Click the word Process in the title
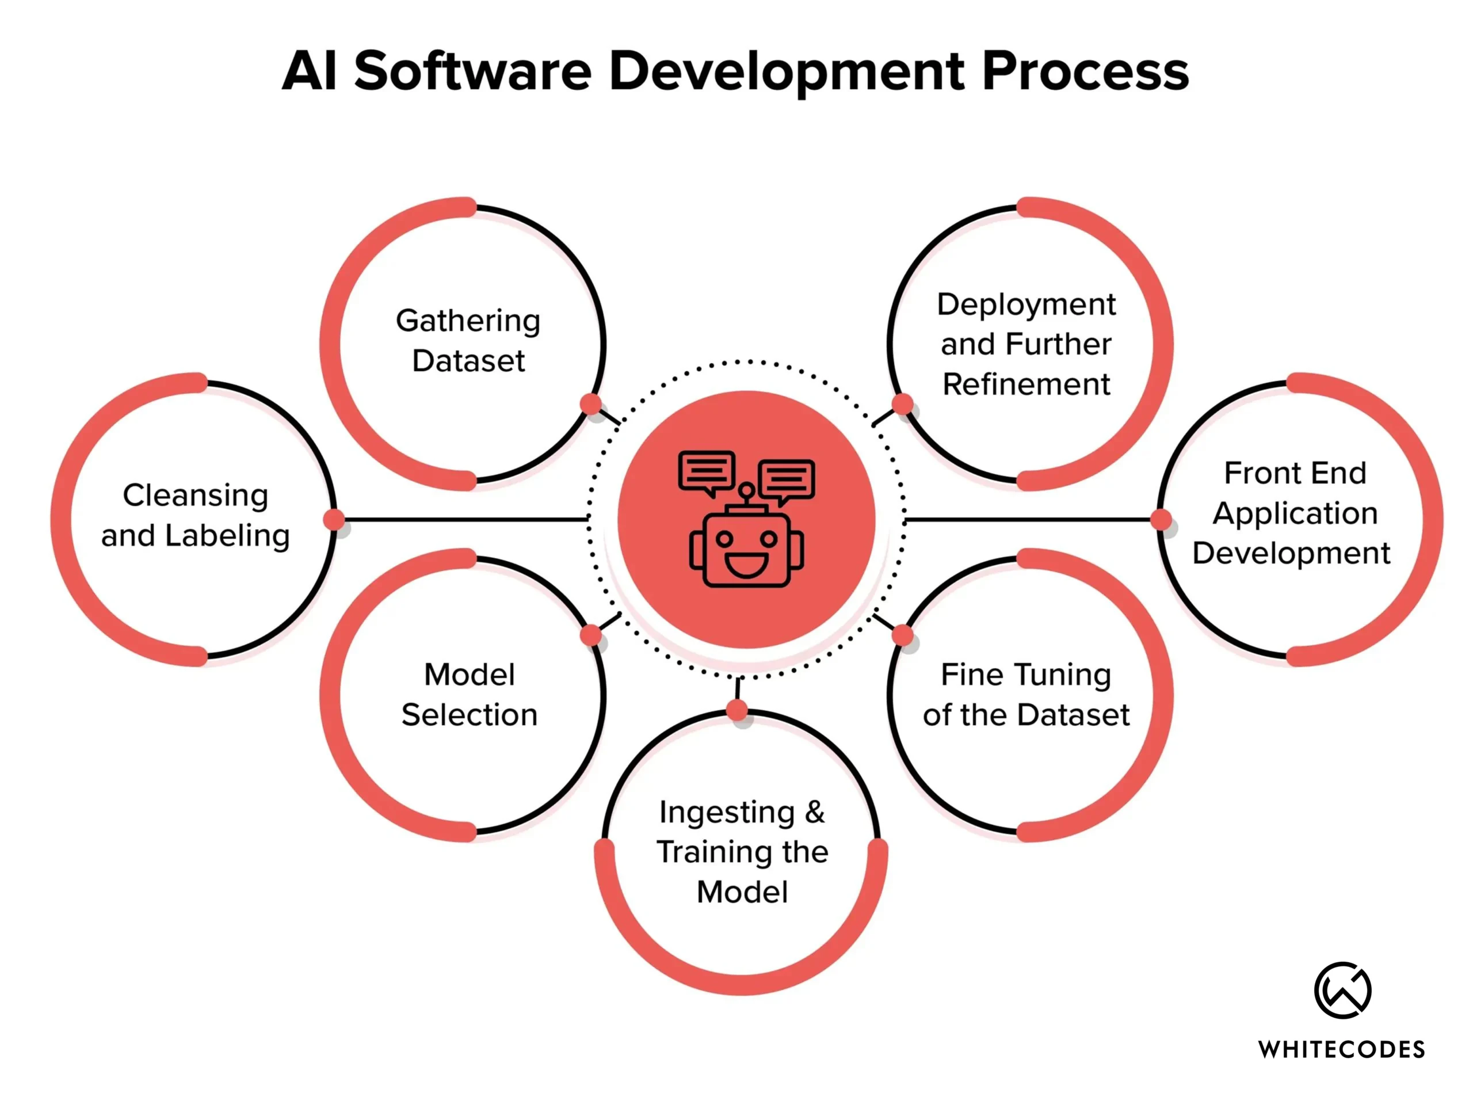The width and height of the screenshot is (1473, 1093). [1085, 71]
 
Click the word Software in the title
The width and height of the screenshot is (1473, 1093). [473, 71]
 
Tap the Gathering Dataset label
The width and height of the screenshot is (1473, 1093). [468, 340]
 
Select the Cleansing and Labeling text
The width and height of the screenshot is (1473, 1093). [196, 515]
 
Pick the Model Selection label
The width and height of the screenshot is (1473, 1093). [470, 695]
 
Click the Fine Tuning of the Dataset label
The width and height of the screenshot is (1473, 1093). [1026, 695]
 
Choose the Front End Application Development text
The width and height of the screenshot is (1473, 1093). [1293, 513]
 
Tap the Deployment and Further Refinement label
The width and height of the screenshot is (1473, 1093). [1026, 344]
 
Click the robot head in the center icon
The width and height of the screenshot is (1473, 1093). [746, 549]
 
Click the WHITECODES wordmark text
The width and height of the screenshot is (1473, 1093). [1341, 1049]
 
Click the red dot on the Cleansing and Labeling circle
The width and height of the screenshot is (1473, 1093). [334, 519]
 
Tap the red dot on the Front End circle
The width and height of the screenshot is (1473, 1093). [1161, 519]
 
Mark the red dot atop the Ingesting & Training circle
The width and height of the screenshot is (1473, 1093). [737, 710]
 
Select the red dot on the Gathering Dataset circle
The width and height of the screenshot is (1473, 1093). [591, 403]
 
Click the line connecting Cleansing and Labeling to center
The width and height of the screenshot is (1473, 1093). [463, 519]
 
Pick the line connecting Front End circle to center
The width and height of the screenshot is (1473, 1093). [1029, 519]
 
